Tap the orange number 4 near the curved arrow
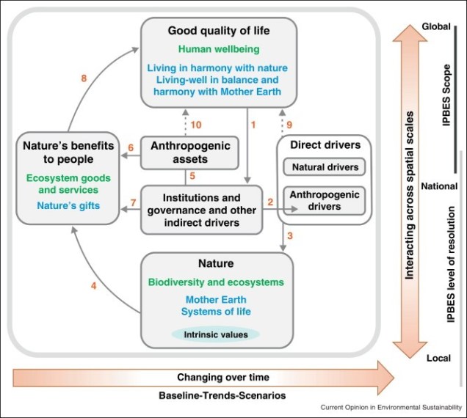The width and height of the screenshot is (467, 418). tap(93, 285)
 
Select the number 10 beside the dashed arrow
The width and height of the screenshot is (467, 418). tap(196, 124)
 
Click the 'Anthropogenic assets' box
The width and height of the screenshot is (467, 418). tap(189, 152)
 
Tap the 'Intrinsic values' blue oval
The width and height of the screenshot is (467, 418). tap(215, 334)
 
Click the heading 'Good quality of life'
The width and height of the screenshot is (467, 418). tap(219, 31)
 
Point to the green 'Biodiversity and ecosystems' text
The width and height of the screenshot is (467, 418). tap(216, 282)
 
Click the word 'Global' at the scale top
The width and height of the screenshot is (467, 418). tap(437, 27)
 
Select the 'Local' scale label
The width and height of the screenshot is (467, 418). tap(438, 358)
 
